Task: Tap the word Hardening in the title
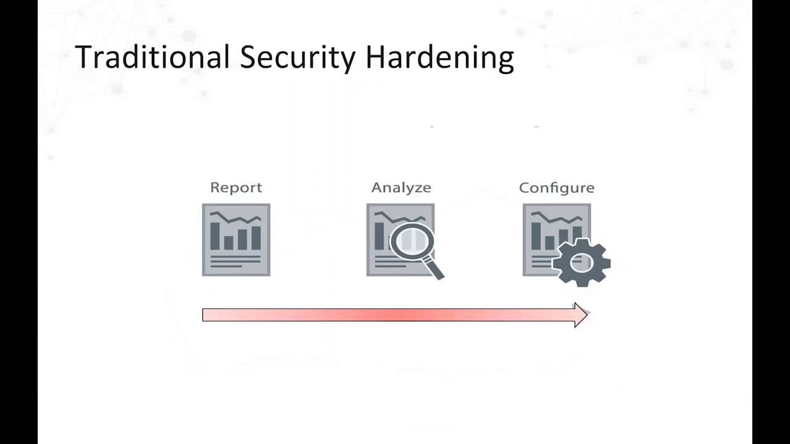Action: click(x=439, y=57)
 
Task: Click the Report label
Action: click(x=236, y=187)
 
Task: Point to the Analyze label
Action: click(x=401, y=187)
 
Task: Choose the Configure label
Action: click(x=557, y=187)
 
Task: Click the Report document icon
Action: click(x=236, y=240)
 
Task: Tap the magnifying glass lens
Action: click(x=412, y=241)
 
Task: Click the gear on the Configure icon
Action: click(x=581, y=263)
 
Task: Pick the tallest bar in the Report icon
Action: click(x=215, y=236)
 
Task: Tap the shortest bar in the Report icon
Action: click(x=228, y=242)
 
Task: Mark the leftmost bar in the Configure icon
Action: click(x=536, y=236)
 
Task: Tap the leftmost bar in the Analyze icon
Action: click(x=379, y=236)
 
